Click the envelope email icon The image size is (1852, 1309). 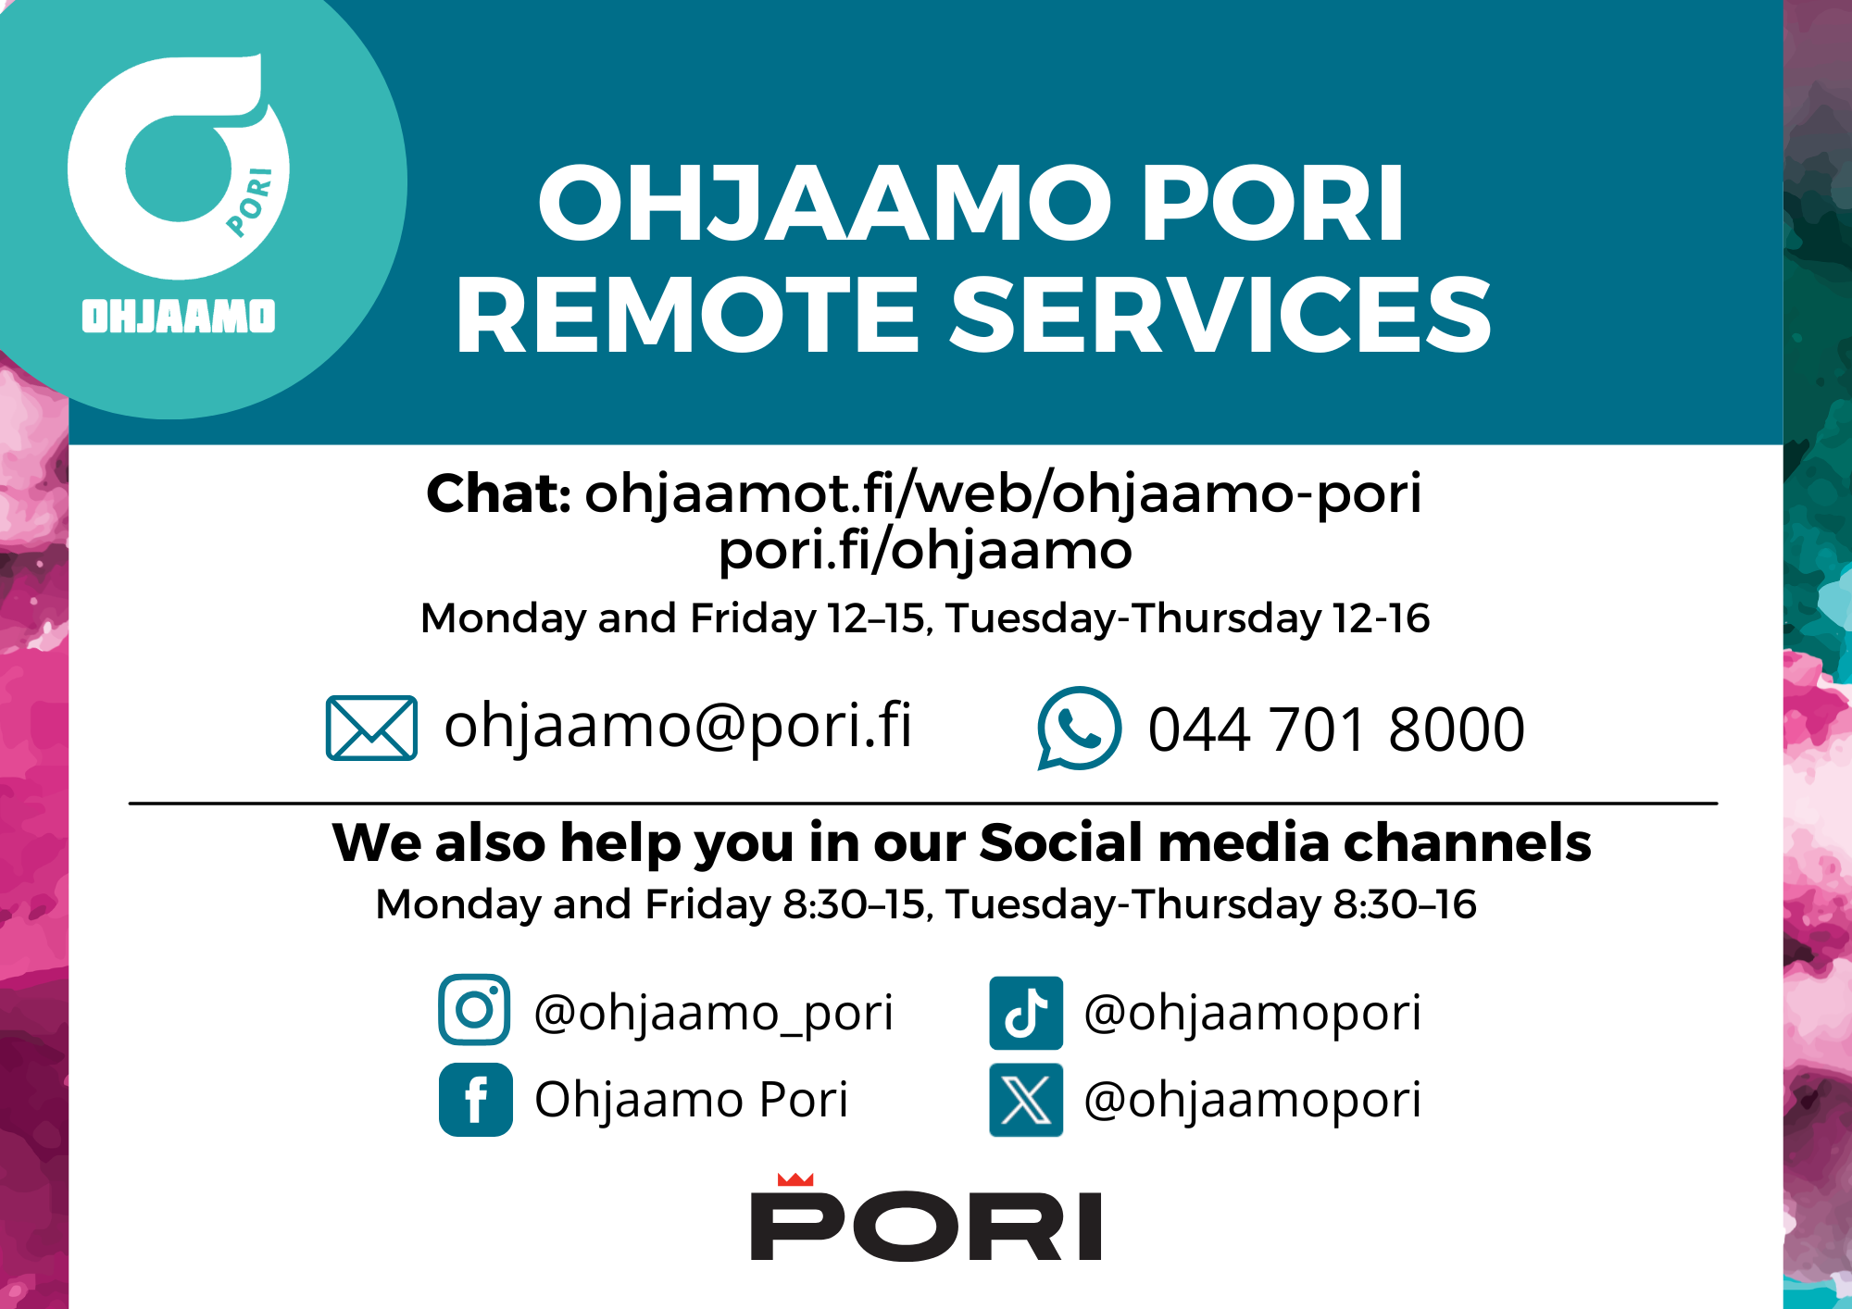pos(371,728)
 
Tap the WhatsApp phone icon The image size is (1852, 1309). pos(1079,729)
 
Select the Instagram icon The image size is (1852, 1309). pos(474,1009)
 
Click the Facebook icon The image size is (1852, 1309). pos(475,1100)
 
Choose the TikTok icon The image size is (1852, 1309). pos(1026,1013)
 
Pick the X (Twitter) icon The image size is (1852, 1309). pos(1026,1100)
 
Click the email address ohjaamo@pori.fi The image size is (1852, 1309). pos(678,726)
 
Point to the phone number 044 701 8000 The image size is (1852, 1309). pos(1336,729)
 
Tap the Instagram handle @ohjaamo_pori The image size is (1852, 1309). pos(713,1013)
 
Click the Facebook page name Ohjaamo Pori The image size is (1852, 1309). pos(691,1100)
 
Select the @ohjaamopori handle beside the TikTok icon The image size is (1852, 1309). pos(1252,1013)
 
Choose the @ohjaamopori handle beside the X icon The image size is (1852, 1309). pos(1252,1100)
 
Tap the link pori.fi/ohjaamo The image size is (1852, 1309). pos(925,551)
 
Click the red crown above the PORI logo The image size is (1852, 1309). pos(795,1179)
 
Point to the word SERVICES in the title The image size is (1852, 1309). pos(1221,315)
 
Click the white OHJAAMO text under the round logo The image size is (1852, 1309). pos(179,316)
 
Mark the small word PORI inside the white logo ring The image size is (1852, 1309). pos(250,202)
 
